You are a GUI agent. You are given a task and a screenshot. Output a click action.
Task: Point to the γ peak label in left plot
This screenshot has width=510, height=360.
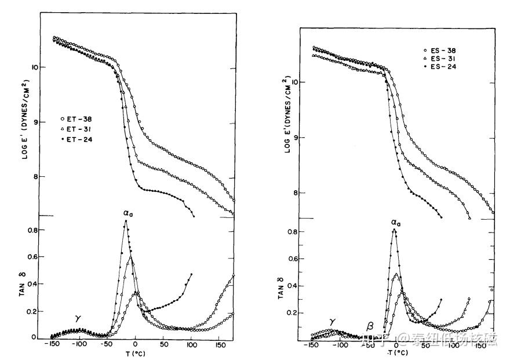(78, 318)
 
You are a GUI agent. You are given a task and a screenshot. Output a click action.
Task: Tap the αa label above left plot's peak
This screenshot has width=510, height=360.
(129, 213)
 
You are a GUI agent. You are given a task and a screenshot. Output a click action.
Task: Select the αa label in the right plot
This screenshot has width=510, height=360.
(396, 221)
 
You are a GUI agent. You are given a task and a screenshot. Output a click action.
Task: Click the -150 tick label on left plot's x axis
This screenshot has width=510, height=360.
(52, 345)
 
